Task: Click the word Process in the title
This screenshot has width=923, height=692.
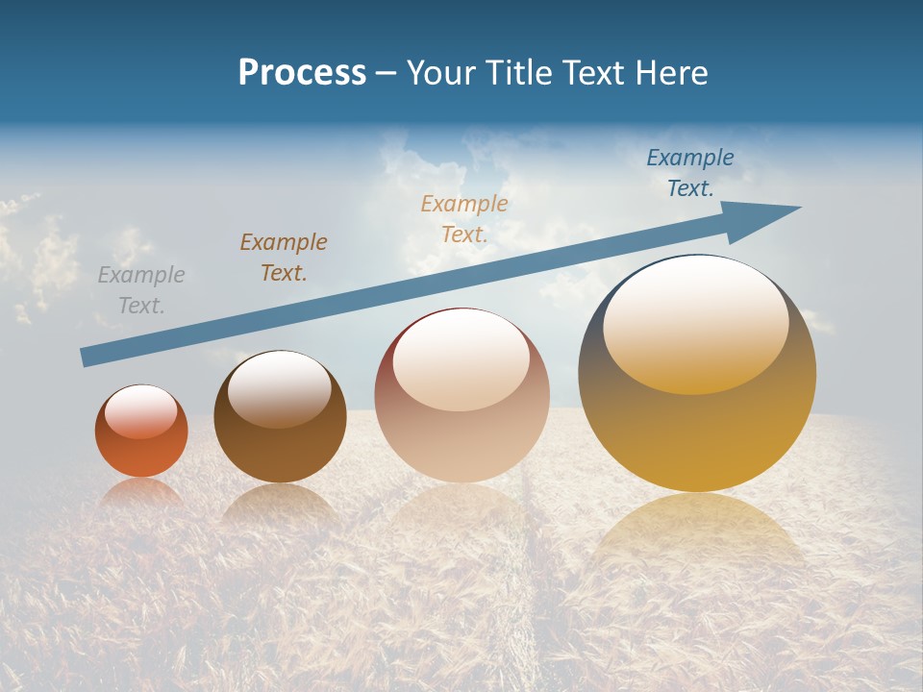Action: point(302,72)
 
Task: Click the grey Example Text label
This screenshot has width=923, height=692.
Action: point(141,290)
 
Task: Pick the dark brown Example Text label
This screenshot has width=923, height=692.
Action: point(284,257)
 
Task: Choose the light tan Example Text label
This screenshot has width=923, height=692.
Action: point(464,218)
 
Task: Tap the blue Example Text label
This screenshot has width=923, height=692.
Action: point(690,173)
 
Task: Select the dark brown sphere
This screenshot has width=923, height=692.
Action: point(280,447)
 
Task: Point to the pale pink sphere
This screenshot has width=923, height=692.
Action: point(461,432)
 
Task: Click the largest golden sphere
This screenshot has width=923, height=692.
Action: point(697,432)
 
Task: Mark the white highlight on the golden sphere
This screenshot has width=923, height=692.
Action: point(695,322)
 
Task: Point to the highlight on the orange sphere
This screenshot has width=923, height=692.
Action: point(141,411)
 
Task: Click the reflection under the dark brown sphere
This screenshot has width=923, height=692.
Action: point(280,505)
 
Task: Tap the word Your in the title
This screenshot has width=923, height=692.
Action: point(440,72)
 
